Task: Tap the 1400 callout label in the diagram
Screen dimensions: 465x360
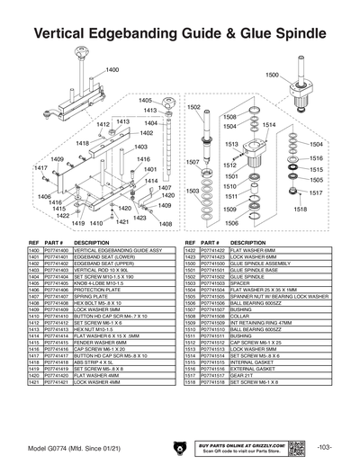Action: [x=112, y=69]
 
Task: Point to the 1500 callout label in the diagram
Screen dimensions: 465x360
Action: [x=271, y=76]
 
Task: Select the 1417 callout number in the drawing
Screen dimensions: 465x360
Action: [x=40, y=168]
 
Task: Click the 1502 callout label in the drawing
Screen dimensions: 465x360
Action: [x=193, y=107]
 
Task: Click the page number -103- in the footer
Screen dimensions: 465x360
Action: [x=325, y=447]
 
